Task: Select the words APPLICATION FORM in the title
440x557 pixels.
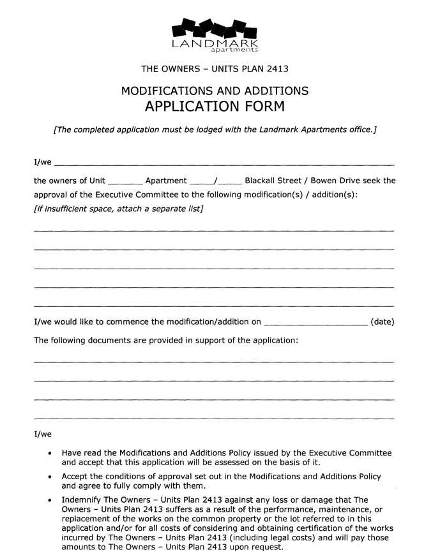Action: click(215, 106)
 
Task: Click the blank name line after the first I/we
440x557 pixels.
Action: click(224, 163)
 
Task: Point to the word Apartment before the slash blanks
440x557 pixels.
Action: click(166, 181)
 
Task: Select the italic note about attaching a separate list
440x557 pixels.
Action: click(118, 209)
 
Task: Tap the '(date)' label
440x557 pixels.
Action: click(382, 322)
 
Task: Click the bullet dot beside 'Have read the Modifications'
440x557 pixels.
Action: click(50, 454)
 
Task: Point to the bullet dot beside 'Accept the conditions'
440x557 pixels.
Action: click(50, 477)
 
